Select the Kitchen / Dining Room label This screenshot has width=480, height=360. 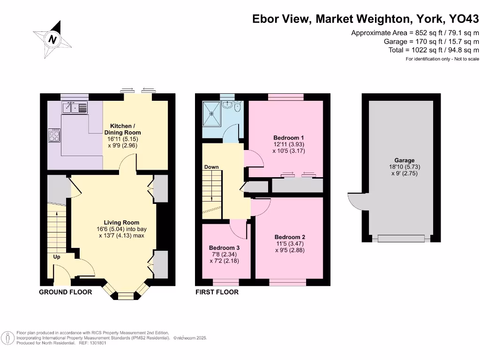point(125,129)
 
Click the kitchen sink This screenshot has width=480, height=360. point(75,108)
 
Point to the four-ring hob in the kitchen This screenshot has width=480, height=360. point(54,135)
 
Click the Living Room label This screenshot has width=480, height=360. point(121,223)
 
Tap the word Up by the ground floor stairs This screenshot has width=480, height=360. point(56,257)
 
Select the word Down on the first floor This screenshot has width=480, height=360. point(211,167)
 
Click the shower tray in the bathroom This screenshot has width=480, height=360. point(213,113)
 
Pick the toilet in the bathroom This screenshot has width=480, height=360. point(237,107)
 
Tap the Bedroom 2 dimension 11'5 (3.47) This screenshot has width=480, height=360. point(290,244)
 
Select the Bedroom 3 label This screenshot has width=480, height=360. point(225,247)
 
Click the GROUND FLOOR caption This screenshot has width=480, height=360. point(65,292)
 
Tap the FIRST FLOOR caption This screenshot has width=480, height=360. point(217,292)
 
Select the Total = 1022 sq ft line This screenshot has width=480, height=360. point(434,50)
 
